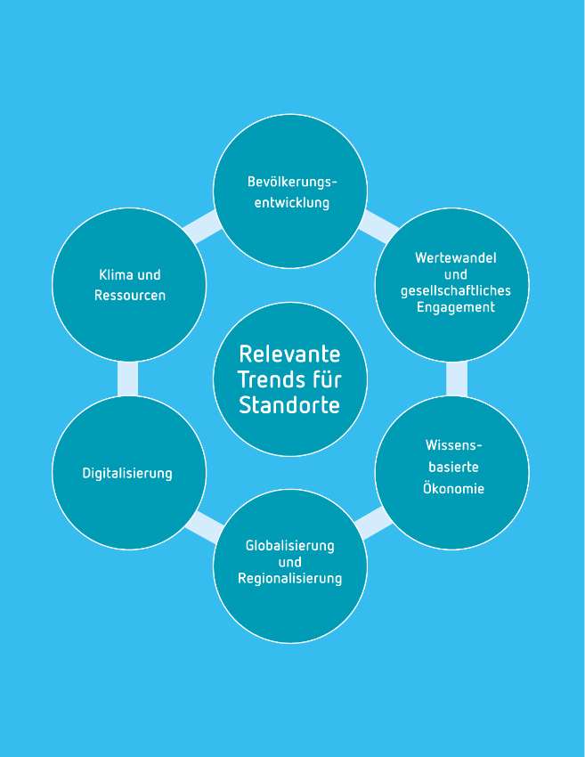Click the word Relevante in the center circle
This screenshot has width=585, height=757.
pyautogui.click(x=289, y=354)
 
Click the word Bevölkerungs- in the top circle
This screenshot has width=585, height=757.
pyautogui.click(x=293, y=182)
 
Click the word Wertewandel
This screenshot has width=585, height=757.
pyautogui.click(x=456, y=257)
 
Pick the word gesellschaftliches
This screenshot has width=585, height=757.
pyautogui.click(x=455, y=290)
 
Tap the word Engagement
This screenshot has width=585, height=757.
pyautogui.click(x=455, y=307)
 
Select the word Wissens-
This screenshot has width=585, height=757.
pyautogui.click(x=453, y=444)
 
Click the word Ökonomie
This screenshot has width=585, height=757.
pyautogui.click(x=453, y=488)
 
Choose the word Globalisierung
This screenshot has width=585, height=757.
pyautogui.click(x=289, y=545)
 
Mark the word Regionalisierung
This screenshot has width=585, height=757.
pyautogui.click(x=289, y=579)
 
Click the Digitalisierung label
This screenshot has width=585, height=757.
pyautogui.click(x=127, y=473)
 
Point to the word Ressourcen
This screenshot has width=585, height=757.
pyautogui.click(x=130, y=295)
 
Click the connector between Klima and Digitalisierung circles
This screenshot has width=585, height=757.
pyautogui.click(x=128, y=378)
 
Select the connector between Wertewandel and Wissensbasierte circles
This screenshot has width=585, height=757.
pyautogui.click(x=456, y=378)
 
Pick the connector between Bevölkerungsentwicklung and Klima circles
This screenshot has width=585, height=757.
pyautogui.click(x=202, y=229)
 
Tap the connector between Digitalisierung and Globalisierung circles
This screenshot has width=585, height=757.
pyautogui.click(x=203, y=527)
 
